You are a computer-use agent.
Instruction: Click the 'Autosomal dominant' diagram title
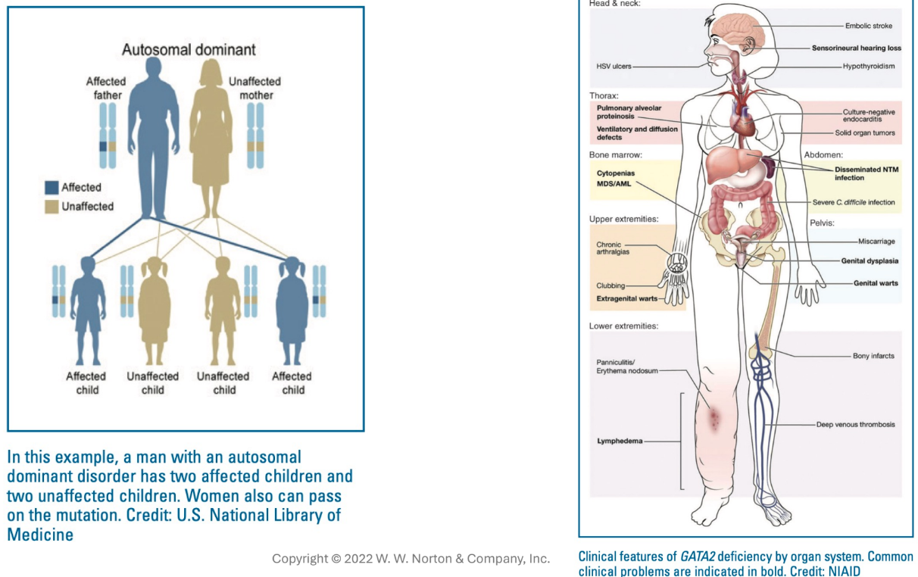pyautogui.click(x=189, y=51)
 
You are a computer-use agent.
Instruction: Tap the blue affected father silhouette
pyautogui.click(x=153, y=129)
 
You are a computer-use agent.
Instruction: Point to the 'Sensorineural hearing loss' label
pyautogui.click(x=856, y=47)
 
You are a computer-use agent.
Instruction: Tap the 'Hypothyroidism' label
pyautogui.click(x=868, y=66)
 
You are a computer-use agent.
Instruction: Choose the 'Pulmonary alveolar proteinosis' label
pyautogui.click(x=629, y=113)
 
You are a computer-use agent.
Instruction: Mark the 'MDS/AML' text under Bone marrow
pyautogui.click(x=613, y=183)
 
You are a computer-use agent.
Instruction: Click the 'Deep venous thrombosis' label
pyautogui.click(x=855, y=425)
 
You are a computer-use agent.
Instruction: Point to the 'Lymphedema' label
pyautogui.click(x=619, y=440)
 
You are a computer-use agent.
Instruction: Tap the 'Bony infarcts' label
pyautogui.click(x=873, y=356)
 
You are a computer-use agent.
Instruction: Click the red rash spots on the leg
pyautogui.click(x=713, y=418)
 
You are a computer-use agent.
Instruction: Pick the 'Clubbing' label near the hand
pyautogui.click(x=610, y=285)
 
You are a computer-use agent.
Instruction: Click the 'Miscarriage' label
pyautogui.click(x=876, y=241)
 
